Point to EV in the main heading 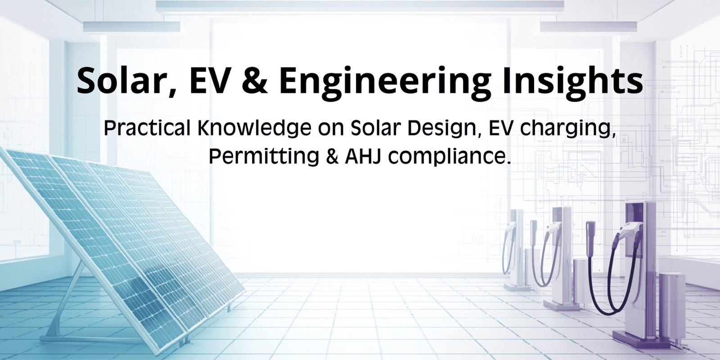[x=208, y=81]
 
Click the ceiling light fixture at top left [x=130, y=27]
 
